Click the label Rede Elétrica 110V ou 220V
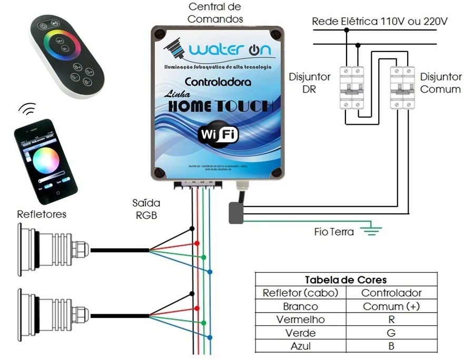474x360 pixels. click(x=380, y=22)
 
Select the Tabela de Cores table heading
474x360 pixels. click(x=345, y=279)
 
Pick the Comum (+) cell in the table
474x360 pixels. click(x=391, y=306)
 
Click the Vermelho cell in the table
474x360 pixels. click(x=300, y=319)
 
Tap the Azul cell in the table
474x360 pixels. click(x=300, y=346)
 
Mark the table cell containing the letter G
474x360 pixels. click(x=391, y=333)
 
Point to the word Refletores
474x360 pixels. click(x=42, y=214)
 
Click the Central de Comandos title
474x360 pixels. click(x=215, y=13)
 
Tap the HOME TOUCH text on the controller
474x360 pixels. click(x=221, y=106)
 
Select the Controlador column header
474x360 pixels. click(x=391, y=293)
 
